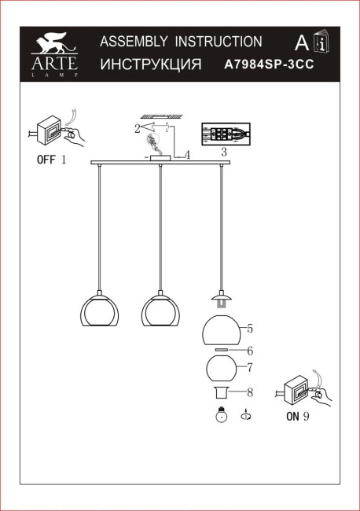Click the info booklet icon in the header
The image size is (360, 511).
322,43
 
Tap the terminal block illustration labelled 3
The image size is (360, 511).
225,134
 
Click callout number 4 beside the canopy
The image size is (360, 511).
187,155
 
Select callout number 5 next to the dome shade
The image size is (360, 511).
249,328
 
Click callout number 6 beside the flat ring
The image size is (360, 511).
249,351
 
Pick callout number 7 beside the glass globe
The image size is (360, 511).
249,367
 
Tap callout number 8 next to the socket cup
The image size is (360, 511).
249,392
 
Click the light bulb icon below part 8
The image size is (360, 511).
220,417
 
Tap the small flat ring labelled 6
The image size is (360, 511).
222,351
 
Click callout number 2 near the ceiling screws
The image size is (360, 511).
138,127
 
